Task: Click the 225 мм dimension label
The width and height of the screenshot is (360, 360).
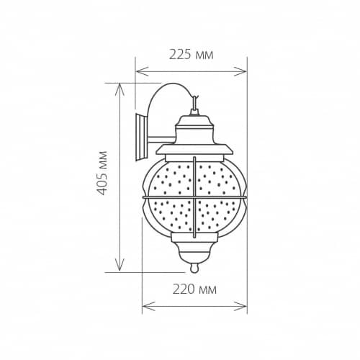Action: (192, 55)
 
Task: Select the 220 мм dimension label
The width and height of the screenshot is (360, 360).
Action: (195, 290)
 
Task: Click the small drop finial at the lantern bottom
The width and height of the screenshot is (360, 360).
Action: (194, 269)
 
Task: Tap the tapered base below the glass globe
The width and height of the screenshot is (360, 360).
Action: (194, 248)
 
